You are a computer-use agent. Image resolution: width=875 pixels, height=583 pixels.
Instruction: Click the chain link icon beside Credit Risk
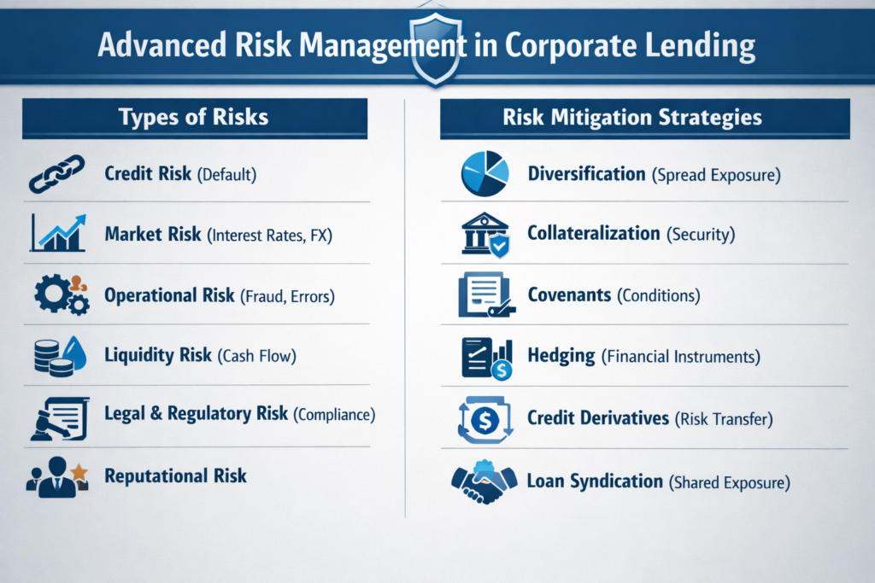(x=56, y=173)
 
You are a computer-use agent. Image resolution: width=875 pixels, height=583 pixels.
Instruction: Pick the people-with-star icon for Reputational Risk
(x=57, y=475)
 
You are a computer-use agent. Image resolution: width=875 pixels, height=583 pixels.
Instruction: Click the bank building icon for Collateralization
(x=484, y=234)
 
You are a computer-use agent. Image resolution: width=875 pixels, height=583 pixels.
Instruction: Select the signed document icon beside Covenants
(x=484, y=295)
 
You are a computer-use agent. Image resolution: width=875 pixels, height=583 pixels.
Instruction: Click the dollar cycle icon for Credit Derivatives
(x=484, y=419)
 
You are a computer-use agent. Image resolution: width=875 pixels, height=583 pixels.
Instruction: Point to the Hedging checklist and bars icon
(x=484, y=357)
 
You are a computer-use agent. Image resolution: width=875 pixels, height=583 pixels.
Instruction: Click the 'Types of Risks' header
(x=194, y=118)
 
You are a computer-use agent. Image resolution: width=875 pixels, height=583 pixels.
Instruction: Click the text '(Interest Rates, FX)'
(x=269, y=235)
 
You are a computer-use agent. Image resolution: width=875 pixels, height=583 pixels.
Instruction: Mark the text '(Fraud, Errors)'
(x=286, y=296)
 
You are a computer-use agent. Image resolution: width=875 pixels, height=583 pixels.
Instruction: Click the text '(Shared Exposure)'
(x=729, y=483)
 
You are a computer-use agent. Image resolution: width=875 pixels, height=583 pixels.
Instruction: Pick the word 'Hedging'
(x=561, y=356)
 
